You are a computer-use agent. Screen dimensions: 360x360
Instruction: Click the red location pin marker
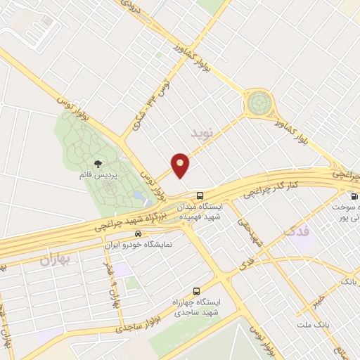pos(181,165)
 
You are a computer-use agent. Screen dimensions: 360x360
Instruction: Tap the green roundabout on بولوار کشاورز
pos(259,104)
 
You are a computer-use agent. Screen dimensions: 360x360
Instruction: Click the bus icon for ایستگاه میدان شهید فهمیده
pos(201,195)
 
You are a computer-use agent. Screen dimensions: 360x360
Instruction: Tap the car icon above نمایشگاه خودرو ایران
pos(139,233)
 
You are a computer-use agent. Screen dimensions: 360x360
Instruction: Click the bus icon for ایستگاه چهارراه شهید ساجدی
pos(196,289)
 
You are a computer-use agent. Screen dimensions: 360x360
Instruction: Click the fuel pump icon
pos(347,196)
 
